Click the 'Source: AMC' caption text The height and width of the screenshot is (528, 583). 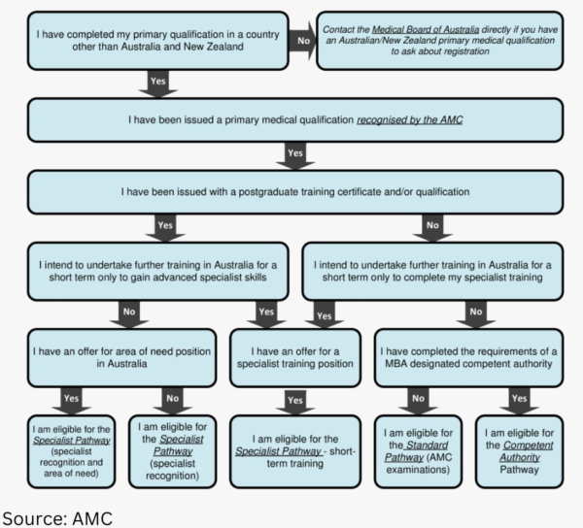(57, 514)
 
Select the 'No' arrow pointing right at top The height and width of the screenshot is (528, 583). (302, 42)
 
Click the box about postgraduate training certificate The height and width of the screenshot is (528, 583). (291, 191)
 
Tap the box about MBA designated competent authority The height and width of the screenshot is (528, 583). (467, 355)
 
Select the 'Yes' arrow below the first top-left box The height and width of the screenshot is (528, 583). (157, 81)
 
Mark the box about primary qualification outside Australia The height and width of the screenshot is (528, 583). (157, 41)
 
